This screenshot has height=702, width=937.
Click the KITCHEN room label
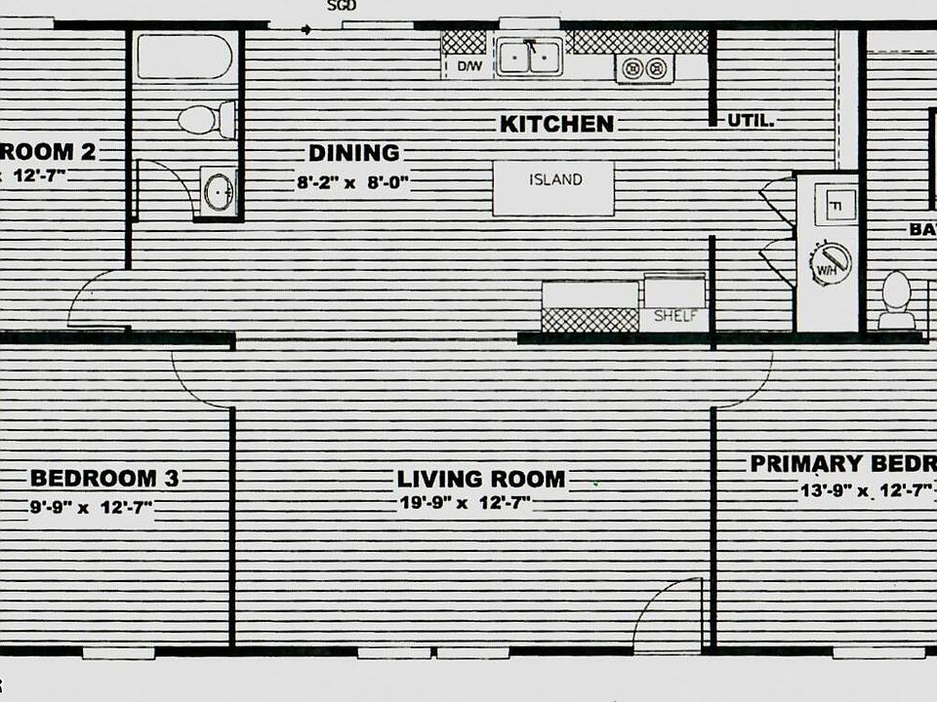pos(556,124)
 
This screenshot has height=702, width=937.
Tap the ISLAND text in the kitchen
pos(555,180)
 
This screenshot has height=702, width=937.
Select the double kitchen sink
pos(529,57)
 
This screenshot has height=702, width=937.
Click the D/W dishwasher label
pos(468,66)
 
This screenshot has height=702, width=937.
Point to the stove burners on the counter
pos(644,68)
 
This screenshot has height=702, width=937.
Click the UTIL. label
pos(751,122)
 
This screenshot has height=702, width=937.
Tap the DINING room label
pos(354,153)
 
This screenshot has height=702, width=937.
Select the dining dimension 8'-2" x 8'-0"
pos(352,181)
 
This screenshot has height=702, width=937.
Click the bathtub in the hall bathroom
pos(183,57)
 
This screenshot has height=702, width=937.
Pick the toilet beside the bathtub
pos(205,120)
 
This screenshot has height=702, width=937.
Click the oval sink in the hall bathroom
pos(218,191)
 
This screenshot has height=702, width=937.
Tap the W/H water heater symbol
pos(831,263)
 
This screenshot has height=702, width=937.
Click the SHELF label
pos(673,316)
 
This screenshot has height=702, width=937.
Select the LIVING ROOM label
pos(480,480)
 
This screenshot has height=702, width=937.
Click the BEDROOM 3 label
pos(103,479)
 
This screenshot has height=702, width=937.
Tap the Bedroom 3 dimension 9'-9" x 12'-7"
pos(91,507)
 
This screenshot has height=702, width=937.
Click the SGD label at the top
pos(342,6)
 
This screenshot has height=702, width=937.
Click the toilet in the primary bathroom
pos(896,298)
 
